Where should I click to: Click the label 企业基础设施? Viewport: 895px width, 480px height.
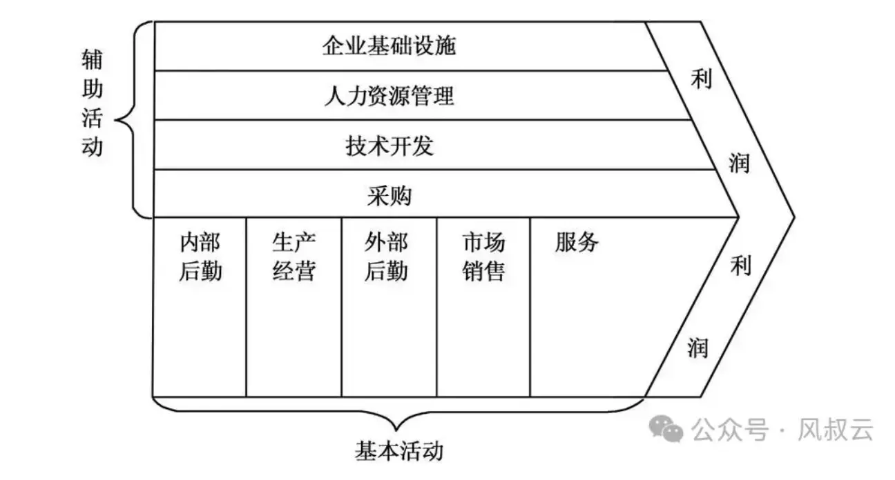[389, 46]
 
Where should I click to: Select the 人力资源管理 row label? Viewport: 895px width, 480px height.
[389, 96]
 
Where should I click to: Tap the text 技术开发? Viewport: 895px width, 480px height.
[389, 146]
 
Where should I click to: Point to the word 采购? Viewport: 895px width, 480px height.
[389, 196]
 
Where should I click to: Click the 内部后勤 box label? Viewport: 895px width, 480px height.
[200, 256]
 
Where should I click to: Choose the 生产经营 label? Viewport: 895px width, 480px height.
[293, 256]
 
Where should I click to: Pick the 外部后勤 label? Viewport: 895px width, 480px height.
[386, 256]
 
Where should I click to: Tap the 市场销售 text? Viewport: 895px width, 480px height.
[483, 256]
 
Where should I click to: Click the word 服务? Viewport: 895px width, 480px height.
[576, 242]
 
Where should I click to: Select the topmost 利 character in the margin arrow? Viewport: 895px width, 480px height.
[700, 80]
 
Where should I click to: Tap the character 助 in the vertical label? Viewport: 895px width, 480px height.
[91, 90]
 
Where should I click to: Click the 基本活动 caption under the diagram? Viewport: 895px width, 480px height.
[398, 452]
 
